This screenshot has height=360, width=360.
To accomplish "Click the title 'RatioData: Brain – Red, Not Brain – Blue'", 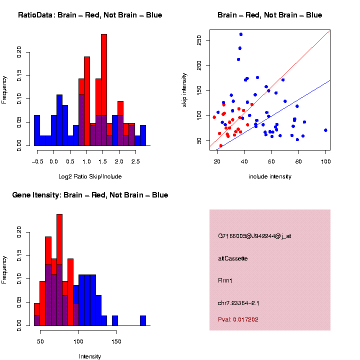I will pos(90,15).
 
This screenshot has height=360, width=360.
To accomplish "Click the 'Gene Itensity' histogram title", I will pos(90,195).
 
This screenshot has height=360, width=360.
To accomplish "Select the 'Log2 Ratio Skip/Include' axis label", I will pos(90,176).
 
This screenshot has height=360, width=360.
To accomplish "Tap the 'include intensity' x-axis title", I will pos(270,176).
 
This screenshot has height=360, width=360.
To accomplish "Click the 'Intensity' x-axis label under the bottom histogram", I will pos(90,356).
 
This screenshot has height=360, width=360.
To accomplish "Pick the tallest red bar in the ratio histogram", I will pos(104,90).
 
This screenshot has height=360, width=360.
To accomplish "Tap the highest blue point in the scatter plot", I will pos(241,34).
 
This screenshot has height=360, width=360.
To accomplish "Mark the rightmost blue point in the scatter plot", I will pos(325,130).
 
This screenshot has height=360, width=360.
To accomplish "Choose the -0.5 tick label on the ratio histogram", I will pos(36,161).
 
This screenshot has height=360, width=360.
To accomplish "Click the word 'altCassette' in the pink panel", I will pos(233,258).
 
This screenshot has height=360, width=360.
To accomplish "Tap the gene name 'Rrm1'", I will pos(225,280).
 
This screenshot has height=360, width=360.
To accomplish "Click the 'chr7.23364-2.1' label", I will pos(238,303).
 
